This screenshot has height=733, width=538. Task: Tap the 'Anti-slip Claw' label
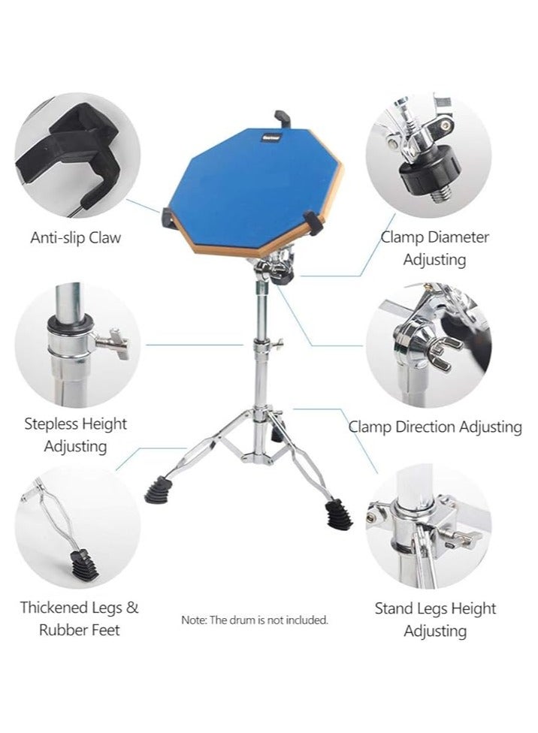click(x=75, y=238)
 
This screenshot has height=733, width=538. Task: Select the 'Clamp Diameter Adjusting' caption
click(x=435, y=249)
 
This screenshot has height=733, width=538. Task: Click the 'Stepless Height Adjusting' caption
click(x=76, y=435)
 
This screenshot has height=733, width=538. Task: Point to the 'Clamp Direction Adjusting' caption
click(x=435, y=427)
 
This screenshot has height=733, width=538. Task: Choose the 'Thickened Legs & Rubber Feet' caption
click(x=79, y=618)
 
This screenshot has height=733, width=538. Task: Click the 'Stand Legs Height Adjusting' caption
click(x=435, y=620)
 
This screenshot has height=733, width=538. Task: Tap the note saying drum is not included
click(x=255, y=620)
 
